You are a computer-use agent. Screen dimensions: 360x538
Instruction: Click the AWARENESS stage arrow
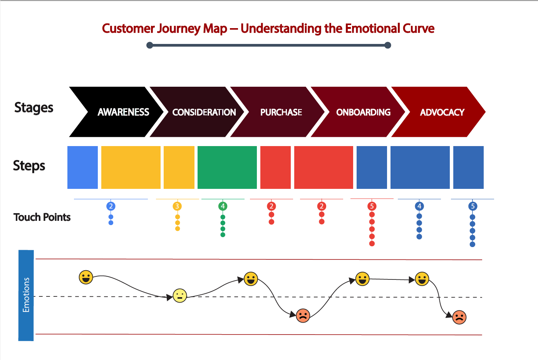tap(119, 112)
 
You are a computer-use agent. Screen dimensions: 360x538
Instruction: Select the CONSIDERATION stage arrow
tap(200, 112)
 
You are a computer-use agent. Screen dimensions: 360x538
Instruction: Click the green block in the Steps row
tap(227, 167)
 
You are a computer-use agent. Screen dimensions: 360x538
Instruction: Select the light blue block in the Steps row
tap(82, 167)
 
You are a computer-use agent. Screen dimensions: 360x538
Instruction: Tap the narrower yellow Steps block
tap(179, 167)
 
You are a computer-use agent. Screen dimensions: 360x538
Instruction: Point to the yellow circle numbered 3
tap(177, 206)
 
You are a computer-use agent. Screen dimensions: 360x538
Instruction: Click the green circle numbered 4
tap(223, 206)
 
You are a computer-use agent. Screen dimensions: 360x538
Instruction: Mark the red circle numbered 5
tap(372, 206)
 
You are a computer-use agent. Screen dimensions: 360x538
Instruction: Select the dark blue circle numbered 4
tap(419, 206)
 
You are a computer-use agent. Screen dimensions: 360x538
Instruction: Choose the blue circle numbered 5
tap(473, 206)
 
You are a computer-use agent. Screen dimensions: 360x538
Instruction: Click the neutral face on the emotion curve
tap(180, 296)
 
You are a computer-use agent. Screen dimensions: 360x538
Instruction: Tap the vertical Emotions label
tap(26, 295)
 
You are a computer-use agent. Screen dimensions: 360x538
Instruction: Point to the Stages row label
tap(34, 108)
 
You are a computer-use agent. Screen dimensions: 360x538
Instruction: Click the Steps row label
tap(29, 166)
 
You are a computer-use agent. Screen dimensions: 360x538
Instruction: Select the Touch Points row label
tap(42, 217)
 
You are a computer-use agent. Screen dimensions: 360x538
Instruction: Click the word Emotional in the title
tap(372, 29)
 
